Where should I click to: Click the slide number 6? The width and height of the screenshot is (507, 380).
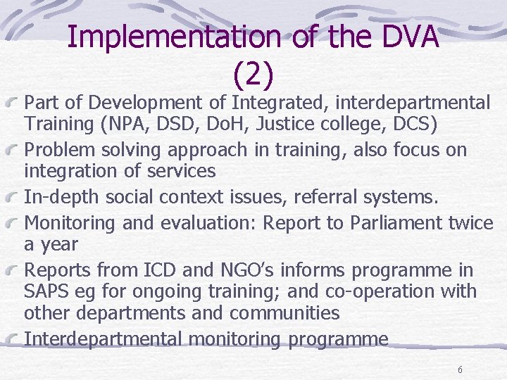click(460, 370)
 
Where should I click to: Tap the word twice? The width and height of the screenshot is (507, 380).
click(470, 222)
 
